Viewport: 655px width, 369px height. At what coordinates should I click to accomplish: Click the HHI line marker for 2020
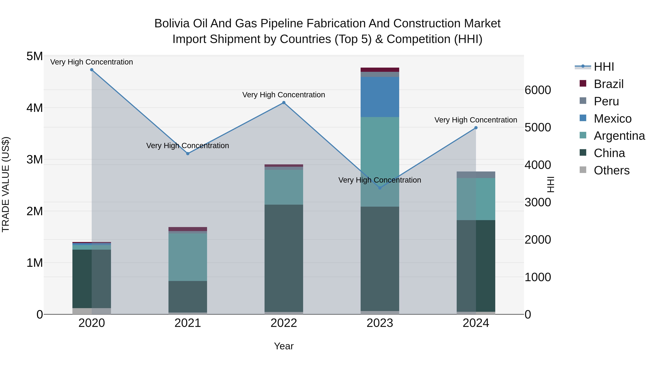[92, 70]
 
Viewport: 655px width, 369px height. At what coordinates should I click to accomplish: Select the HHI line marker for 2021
[188, 154]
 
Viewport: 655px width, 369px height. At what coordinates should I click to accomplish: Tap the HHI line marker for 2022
[284, 103]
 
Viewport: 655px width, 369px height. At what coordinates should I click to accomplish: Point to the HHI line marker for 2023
[380, 188]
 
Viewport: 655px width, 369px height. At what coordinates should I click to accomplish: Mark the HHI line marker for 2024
[476, 128]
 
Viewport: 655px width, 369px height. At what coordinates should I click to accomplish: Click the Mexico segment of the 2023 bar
[380, 97]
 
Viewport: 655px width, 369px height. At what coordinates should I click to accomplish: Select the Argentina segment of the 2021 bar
[188, 257]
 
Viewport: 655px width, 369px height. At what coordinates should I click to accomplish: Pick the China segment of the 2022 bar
[284, 258]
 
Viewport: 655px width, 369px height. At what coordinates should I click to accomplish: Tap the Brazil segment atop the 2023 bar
[380, 70]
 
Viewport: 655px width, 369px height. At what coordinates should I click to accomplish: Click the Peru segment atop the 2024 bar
[476, 175]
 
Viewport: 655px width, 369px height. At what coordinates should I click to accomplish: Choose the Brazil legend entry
[608, 84]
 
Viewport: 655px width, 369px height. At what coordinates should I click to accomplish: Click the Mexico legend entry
[612, 119]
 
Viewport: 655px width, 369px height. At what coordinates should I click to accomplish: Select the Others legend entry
[611, 170]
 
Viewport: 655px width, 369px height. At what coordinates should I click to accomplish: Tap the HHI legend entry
[604, 67]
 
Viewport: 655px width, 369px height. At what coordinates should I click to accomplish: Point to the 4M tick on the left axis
[35, 108]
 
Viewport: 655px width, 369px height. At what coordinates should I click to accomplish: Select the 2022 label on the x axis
[284, 323]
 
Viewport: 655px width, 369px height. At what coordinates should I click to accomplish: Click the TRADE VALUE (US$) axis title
[6, 185]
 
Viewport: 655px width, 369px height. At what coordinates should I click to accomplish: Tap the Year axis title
[284, 346]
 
